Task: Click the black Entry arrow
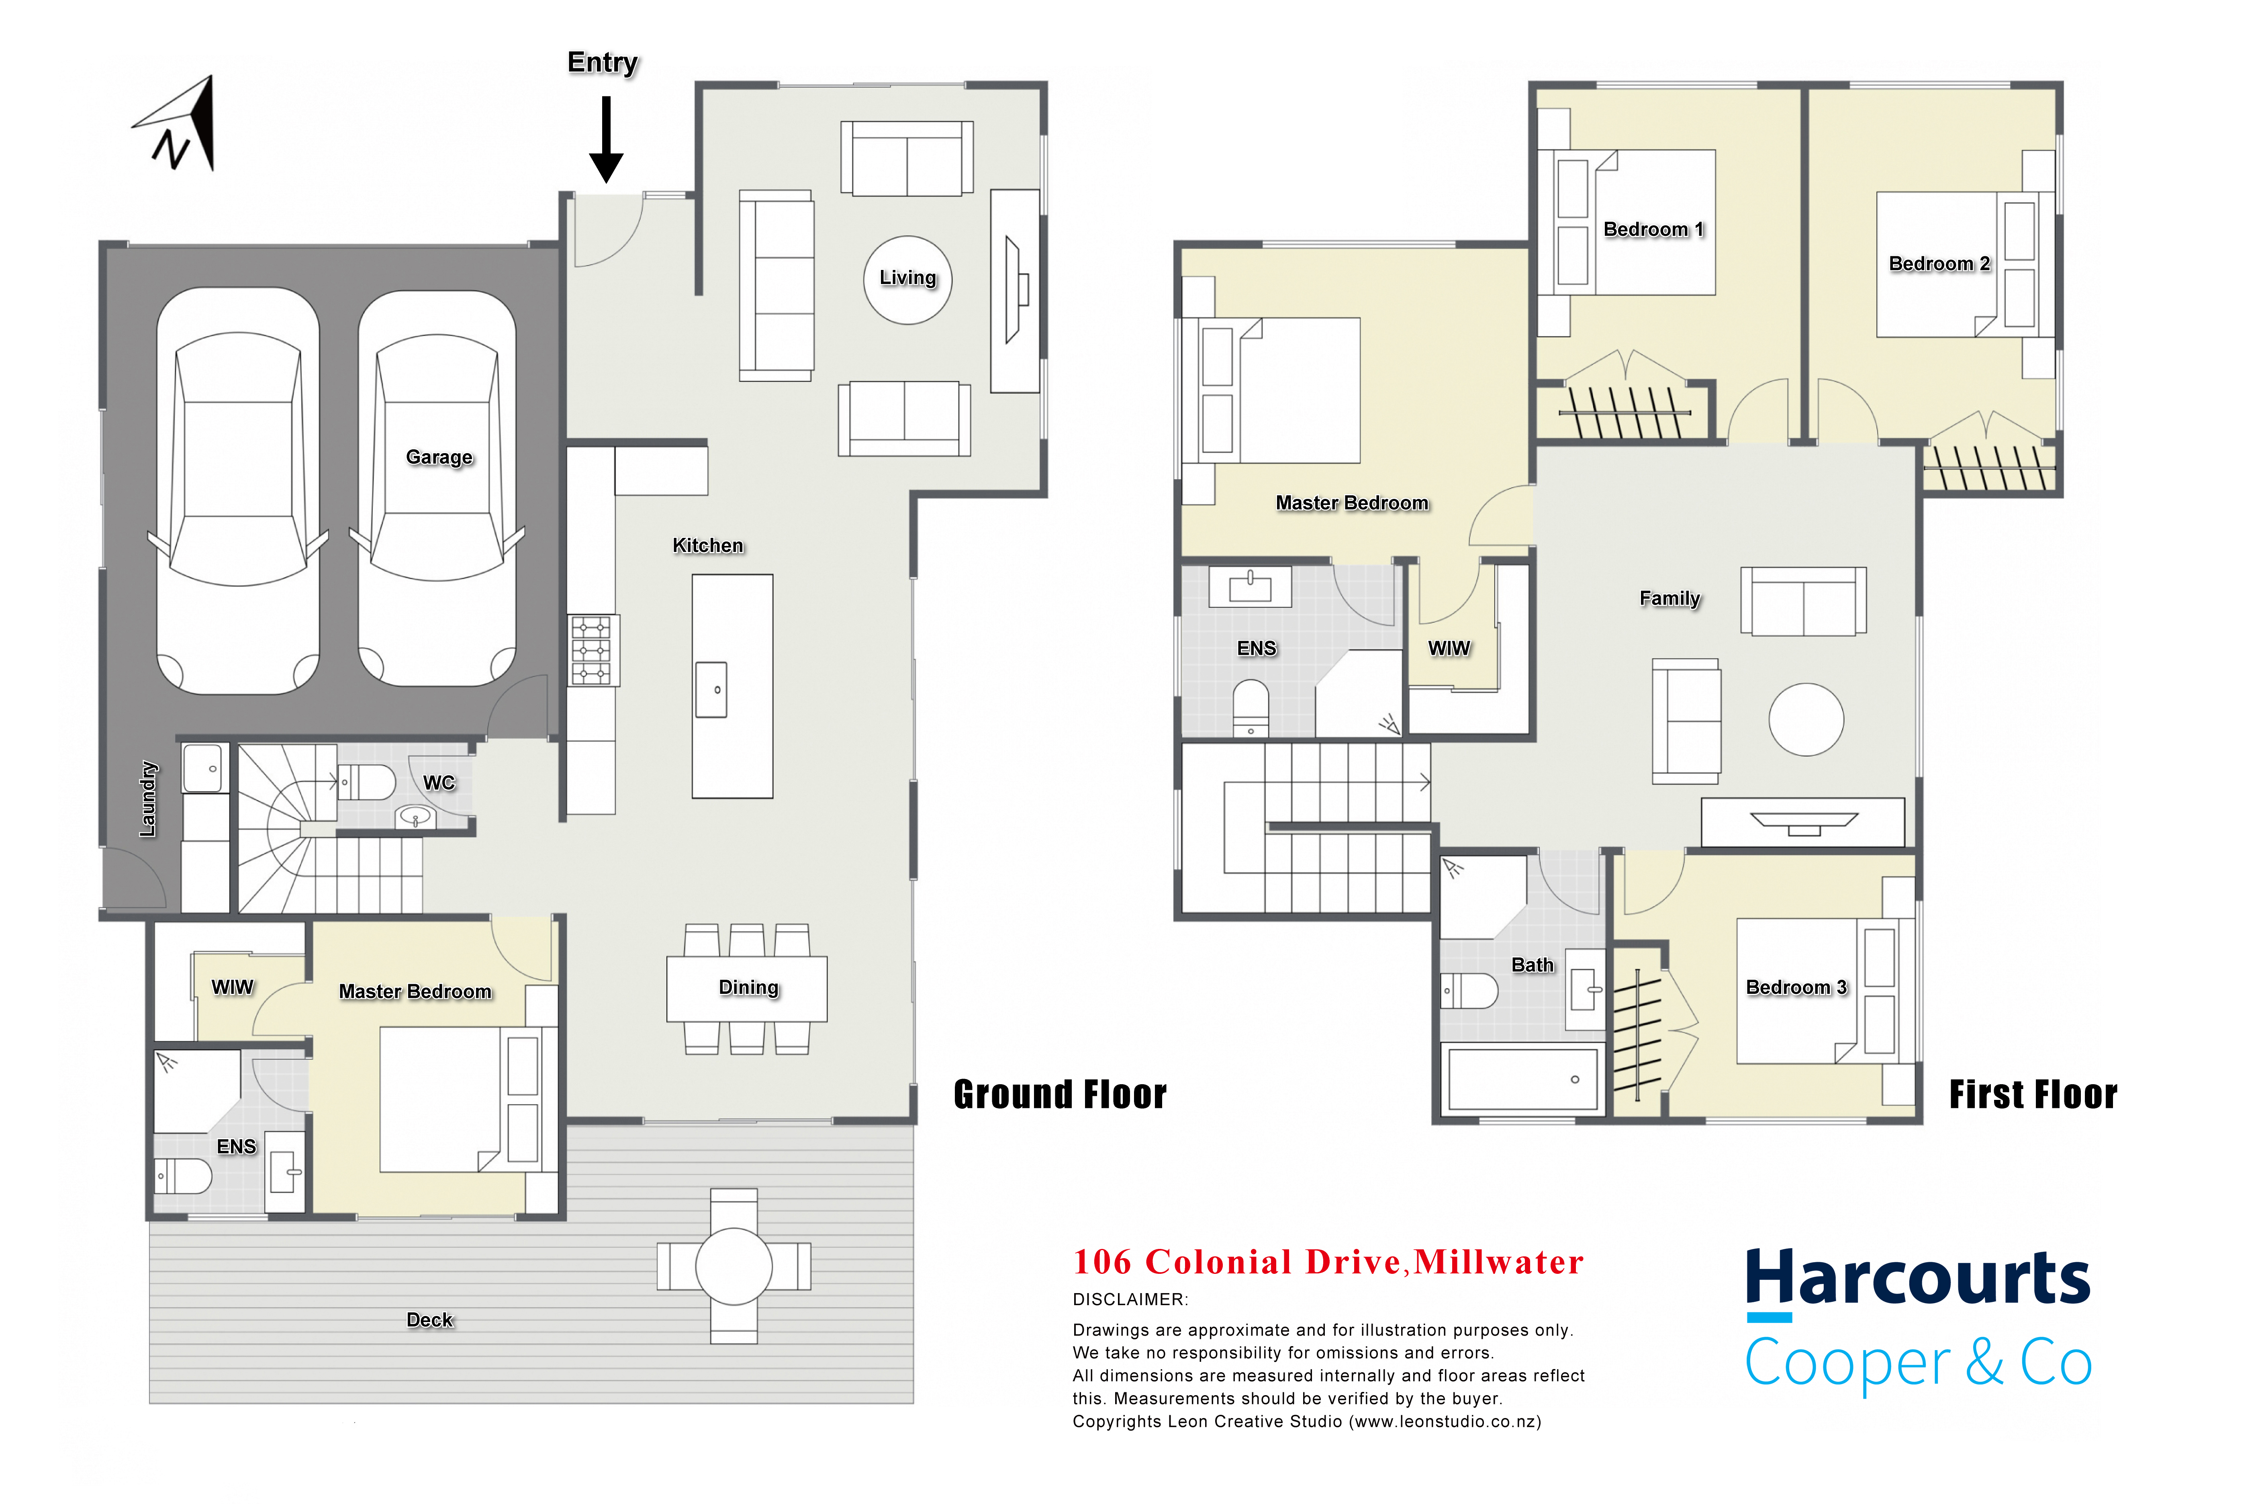[x=606, y=139]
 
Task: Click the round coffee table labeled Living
[x=907, y=280]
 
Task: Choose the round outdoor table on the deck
[x=734, y=1266]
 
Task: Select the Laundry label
[x=148, y=799]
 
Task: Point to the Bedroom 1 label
[x=1653, y=229]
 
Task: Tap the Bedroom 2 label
[x=1939, y=264]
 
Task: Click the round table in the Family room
[x=1806, y=719]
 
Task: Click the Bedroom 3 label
[x=1796, y=988]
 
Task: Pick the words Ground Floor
[x=1060, y=1094]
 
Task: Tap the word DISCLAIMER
[x=1130, y=1300]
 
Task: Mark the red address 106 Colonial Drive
[x=1237, y=1262]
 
